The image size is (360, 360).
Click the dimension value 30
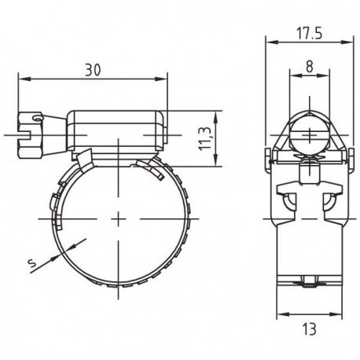pyautogui.click(x=94, y=69)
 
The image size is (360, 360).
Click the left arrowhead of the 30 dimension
pyautogui.click(x=20, y=79)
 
